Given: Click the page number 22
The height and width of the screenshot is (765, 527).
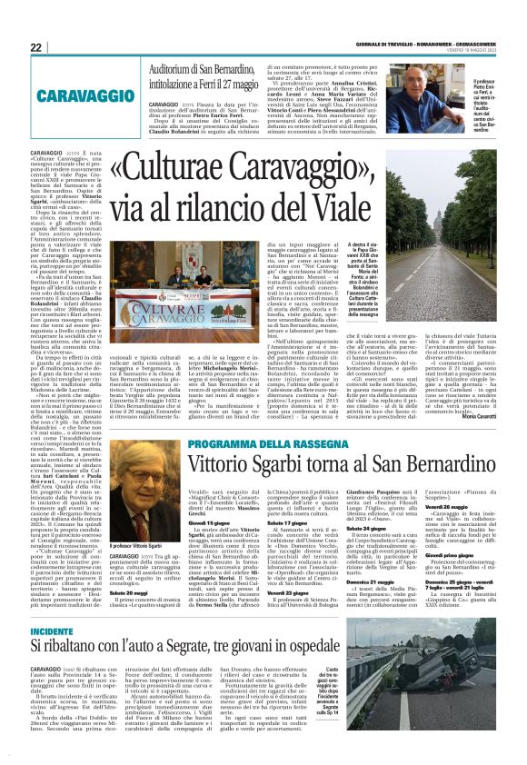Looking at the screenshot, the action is [37, 46].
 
